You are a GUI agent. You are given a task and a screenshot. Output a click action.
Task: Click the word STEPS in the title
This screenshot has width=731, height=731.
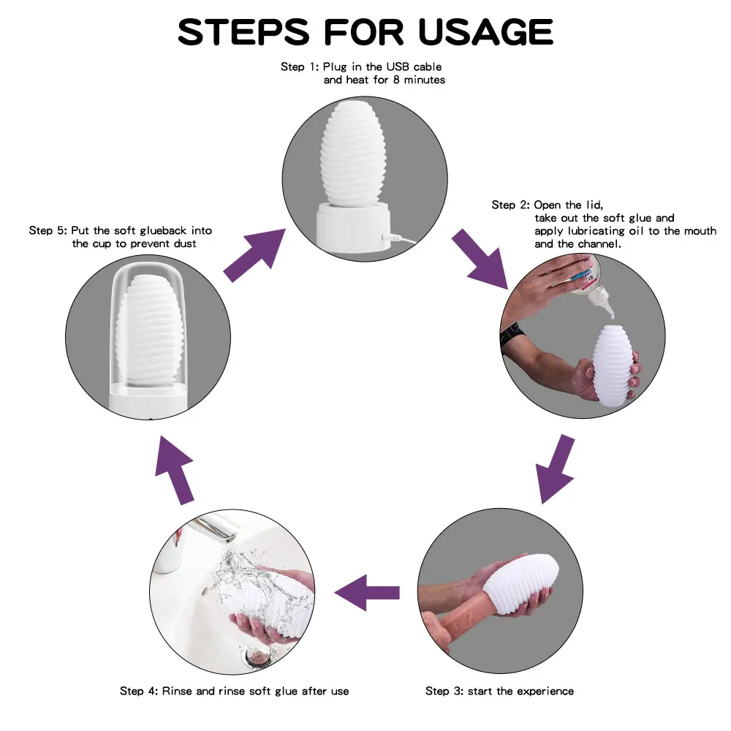[x=243, y=32]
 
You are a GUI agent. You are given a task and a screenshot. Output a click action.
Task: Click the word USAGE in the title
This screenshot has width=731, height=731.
[x=485, y=32]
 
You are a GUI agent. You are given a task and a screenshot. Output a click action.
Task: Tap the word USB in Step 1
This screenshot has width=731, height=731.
[x=398, y=67]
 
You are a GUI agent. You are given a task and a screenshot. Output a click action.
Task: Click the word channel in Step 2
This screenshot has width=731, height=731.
[x=599, y=244]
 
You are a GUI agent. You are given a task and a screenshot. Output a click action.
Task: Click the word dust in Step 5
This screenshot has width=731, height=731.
[x=186, y=243]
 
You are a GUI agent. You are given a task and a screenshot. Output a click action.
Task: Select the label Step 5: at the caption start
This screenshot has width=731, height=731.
[x=48, y=231]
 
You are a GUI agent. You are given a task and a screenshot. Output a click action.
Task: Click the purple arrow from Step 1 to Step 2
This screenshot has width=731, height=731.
[x=480, y=259]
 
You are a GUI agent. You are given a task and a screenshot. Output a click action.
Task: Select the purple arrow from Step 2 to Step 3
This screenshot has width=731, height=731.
[x=556, y=469]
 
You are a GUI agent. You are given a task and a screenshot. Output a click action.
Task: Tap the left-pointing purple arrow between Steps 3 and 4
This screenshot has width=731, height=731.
[x=367, y=593]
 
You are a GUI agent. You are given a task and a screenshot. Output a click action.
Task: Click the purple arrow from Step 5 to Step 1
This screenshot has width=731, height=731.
[x=254, y=255]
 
